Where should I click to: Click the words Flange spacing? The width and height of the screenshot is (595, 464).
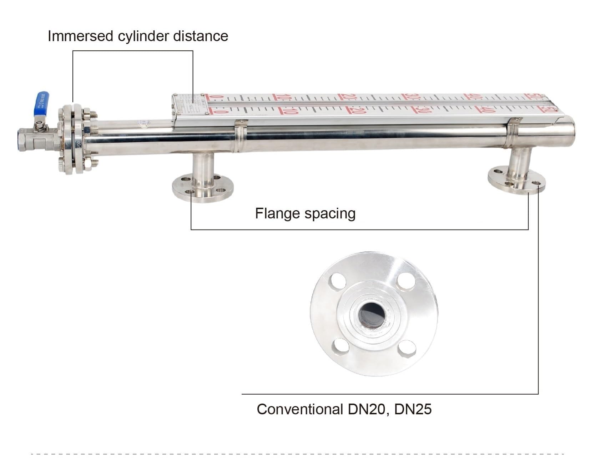tap(305, 213)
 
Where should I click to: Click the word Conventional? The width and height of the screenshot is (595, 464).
tap(300, 409)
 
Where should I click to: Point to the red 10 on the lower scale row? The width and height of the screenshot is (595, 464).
tap(290, 111)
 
